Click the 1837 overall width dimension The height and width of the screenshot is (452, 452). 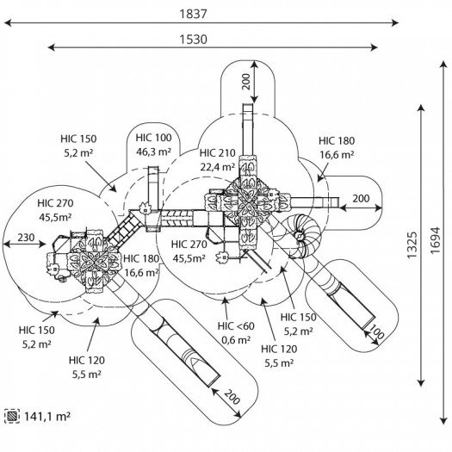pyautogui.click(x=193, y=14)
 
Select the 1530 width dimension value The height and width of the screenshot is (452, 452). pyautogui.click(x=193, y=40)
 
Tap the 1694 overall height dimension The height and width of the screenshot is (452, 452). pyautogui.click(x=436, y=241)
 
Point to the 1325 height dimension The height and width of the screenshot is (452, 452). pyautogui.click(x=412, y=245)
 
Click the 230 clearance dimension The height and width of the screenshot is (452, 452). pyautogui.click(x=26, y=238)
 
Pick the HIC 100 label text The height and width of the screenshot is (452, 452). pyautogui.click(x=153, y=138)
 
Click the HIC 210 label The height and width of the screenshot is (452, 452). pyautogui.click(x=218, y=152)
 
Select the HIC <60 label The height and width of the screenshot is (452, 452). pyautogui.click(x=236, y=326)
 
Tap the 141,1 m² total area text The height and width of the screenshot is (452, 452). pyautogui.click(x=47, y=416)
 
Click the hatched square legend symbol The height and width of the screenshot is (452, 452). pyautogui.click(x=12, y=416)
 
